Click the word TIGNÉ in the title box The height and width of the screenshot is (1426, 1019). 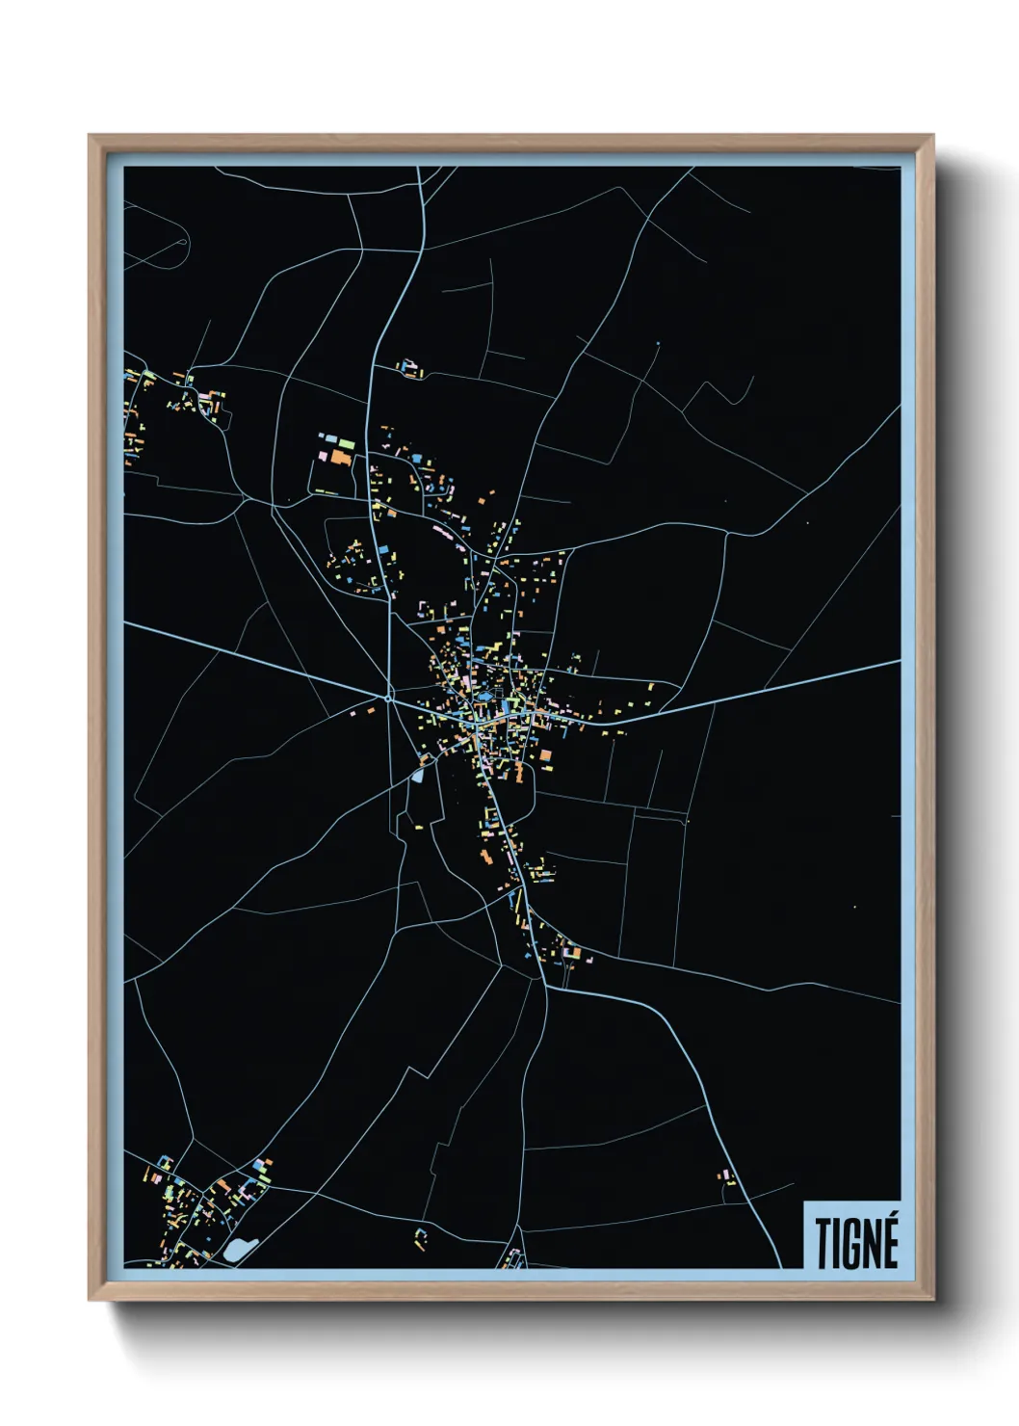(856, 1242)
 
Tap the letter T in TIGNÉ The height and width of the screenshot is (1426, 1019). (824, 1244)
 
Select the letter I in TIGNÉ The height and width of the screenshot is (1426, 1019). (839, 1244)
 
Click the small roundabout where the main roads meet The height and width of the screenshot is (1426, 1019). (388, 698)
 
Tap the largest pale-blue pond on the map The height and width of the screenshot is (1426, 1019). (237, 1249)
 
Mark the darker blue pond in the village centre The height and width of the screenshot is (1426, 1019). (485, 696)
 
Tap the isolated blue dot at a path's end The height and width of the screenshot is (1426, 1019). (658, 344)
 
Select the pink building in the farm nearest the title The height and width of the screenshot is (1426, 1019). (729, 1177)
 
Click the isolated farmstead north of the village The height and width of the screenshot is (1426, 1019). (411, 369)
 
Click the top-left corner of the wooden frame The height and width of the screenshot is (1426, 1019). (90, 136)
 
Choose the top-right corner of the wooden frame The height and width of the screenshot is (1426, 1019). (932, 136)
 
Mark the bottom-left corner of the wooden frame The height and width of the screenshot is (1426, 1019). (90, 1300)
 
